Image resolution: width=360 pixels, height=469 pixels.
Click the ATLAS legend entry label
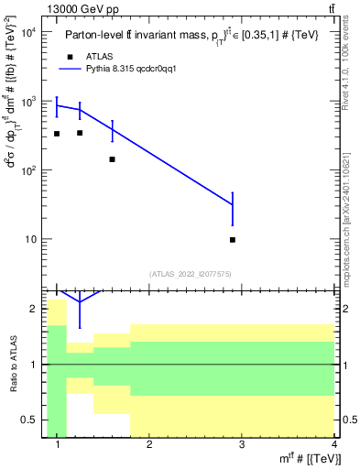101,56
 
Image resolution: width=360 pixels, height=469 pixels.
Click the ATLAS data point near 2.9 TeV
233,240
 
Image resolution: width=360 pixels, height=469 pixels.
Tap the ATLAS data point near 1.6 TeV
112,159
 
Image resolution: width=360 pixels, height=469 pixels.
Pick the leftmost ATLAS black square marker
56,134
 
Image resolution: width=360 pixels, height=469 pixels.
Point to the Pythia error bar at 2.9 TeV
233,208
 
